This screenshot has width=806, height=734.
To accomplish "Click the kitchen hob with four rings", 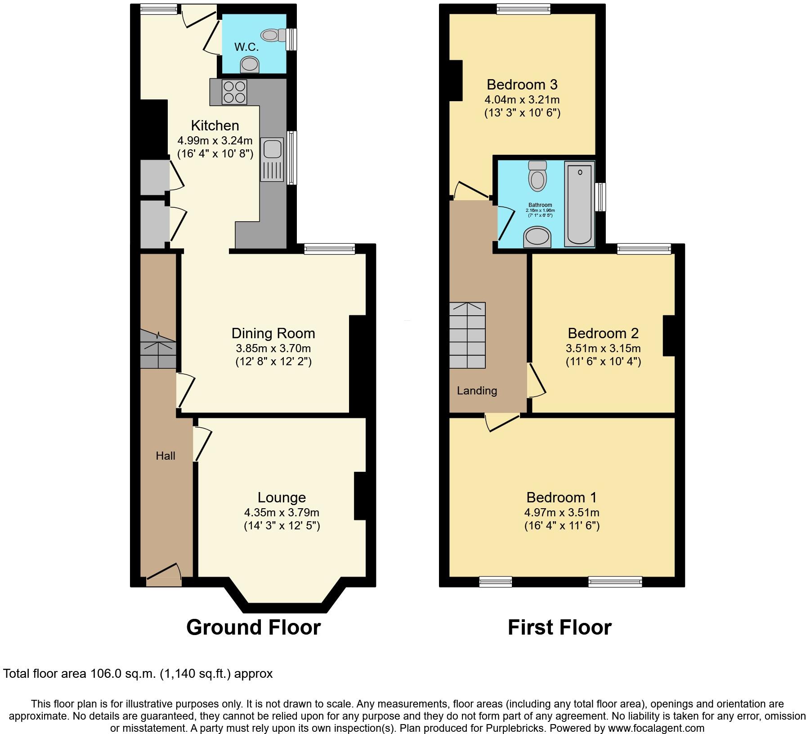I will click(234, 92).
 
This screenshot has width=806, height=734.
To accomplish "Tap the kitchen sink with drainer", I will click(272, 160).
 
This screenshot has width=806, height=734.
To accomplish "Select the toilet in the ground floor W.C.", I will click(275, 35).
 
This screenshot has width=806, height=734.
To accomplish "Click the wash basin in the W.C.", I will click(250, 65).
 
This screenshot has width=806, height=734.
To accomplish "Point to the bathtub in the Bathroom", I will click(580, 204).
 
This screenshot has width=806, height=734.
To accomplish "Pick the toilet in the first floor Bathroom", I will click(537, 176).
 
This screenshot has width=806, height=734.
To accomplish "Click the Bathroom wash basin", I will click(537, 237).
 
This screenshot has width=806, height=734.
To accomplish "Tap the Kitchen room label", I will click(215, 125).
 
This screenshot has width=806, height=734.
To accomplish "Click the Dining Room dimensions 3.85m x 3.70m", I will click(273, 348).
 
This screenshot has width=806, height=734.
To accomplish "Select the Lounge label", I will click(282, 497).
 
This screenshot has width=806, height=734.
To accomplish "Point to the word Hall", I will click(166, 456).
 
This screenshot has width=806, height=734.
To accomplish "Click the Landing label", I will click(477, 390).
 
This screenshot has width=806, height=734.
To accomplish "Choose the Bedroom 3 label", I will click(522, 85).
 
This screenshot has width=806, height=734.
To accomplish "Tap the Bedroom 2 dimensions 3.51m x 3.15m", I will click(603, 348).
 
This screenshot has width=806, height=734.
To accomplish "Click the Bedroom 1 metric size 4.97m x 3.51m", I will click(561, 512).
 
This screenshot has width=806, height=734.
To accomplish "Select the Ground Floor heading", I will click(253, 627).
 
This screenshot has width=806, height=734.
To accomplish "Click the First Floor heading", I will click(560, 627).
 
